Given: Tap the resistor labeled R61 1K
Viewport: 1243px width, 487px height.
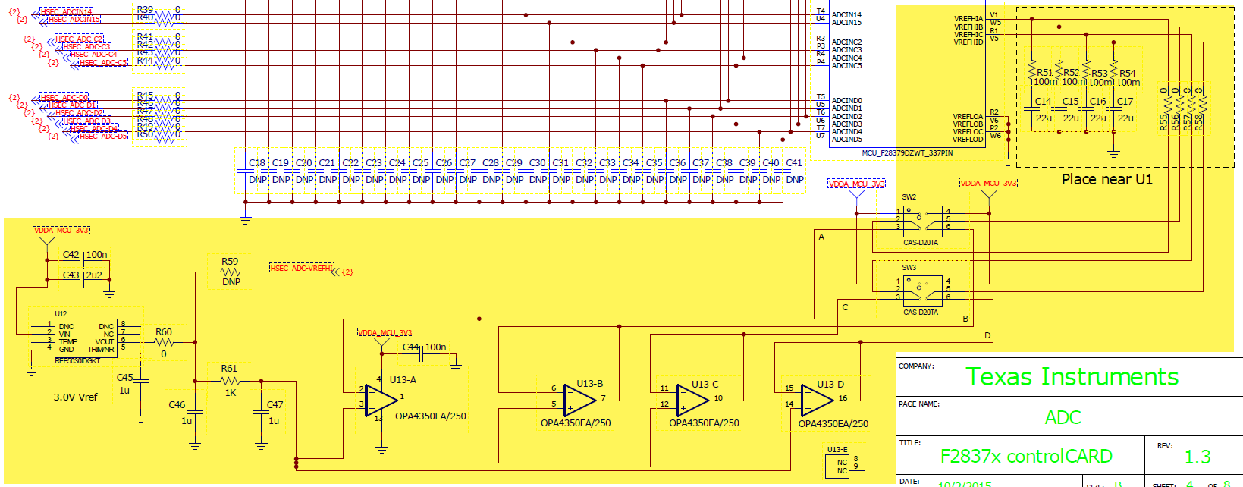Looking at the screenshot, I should [x=229, y=381].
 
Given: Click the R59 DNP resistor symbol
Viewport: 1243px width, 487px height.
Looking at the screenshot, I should [x=230, y=272].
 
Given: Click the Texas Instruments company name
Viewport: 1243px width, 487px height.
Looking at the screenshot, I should [x=1072, y=377].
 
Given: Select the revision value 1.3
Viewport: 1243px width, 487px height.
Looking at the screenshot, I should [x=1197, y=457].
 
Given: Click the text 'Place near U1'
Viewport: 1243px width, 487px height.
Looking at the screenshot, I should [x=1106, y=180].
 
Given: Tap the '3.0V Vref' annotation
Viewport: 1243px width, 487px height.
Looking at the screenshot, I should [x=75, y=397].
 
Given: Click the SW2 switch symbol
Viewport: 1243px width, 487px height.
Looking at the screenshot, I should [x=922, y=219].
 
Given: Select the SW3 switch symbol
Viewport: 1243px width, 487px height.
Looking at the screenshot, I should [x=922, y=289].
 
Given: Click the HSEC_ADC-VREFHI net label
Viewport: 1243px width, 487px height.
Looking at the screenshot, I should [x=302, y=268].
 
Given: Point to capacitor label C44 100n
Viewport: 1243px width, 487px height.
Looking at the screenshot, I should [x=424, y=347].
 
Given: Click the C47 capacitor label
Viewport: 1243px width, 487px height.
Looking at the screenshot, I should [x=275, y=405].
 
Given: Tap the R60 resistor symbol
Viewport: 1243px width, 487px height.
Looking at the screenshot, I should [x=163, y=343].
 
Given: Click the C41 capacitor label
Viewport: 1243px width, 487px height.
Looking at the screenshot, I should [x=794, y=162].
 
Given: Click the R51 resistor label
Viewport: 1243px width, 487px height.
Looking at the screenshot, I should [x=1044, y=73].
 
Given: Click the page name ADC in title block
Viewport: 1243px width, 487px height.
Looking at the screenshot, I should [x=1063, y=417].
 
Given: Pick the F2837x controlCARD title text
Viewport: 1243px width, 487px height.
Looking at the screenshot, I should [x=1025, y=457].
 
